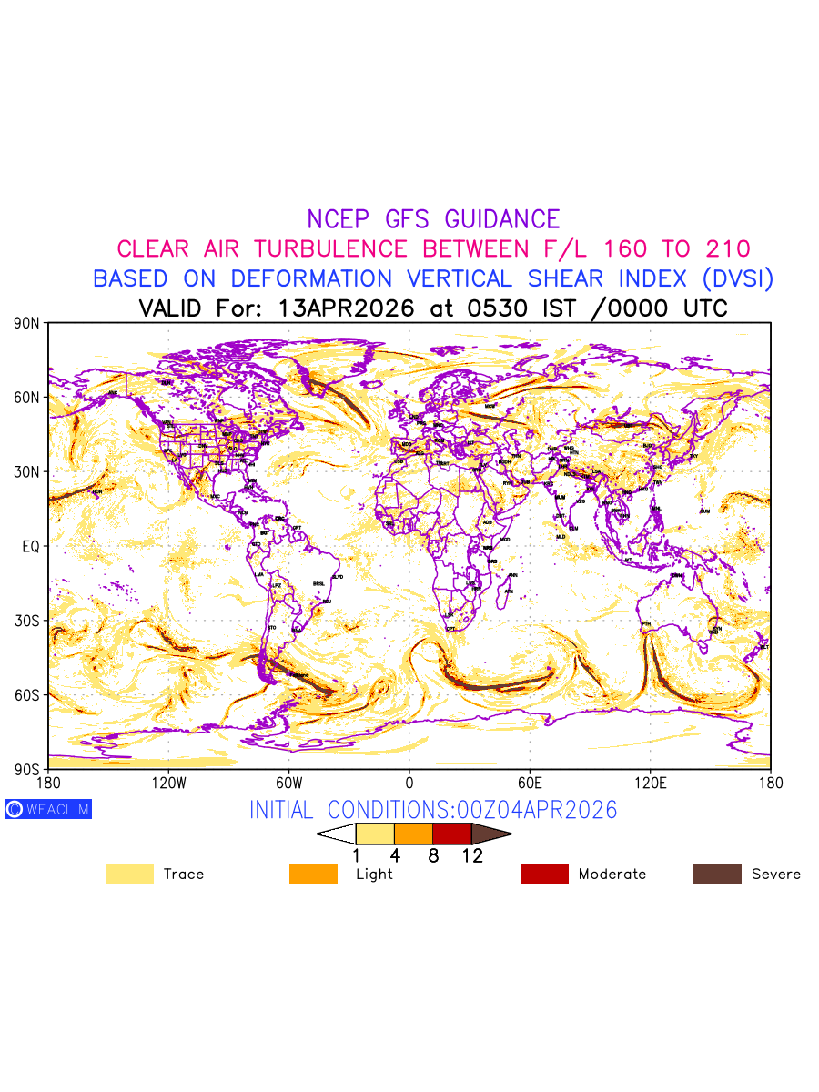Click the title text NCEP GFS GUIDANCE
tap(433, 219)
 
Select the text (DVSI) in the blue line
tap(736, 278)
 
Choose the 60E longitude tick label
tap(530, 783)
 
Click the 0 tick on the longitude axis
tap(409, 783)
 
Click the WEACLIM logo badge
tap(48, 809)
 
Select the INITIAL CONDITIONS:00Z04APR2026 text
tap(433, 810)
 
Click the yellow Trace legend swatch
tap(129, 874)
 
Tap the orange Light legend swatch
tap(313, 874)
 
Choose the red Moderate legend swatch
tap(544, 874)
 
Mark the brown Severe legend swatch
tap(717, 874)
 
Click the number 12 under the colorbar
tap(471, 855)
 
